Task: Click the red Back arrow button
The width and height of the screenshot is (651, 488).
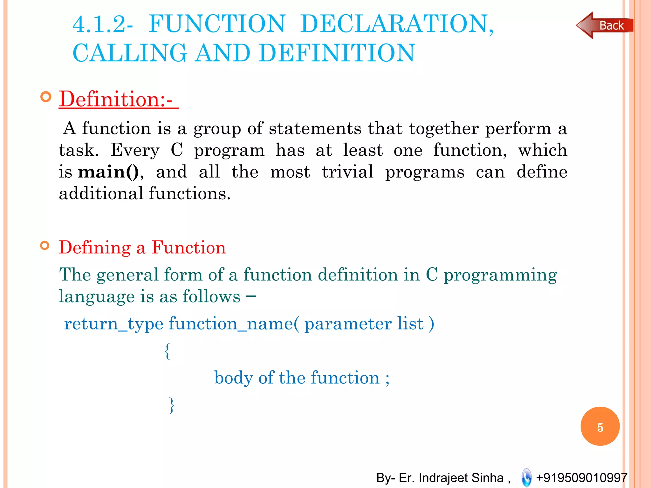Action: (605, 25)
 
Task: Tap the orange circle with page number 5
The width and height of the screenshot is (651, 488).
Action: (600, 426)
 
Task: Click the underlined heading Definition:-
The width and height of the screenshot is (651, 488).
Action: (118, 99)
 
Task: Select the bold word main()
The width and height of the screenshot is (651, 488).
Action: (108, 172)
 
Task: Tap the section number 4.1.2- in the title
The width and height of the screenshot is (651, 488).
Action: (103, 24)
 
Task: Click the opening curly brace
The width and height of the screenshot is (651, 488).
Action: (168, 351)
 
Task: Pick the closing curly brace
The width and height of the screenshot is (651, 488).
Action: (172, 405)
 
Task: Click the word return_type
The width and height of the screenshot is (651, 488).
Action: (113, 324)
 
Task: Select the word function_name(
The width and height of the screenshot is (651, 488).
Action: (234, 324)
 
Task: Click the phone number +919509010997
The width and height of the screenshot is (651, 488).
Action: (581, 478)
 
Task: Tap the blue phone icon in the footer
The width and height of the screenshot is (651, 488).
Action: (526, 477)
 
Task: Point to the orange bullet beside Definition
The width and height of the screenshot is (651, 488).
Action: (46, 97)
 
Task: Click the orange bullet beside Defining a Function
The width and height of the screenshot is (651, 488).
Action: (45, 246)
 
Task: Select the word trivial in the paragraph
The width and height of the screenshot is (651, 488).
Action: (347, 172)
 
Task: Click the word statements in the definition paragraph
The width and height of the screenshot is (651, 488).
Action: (315, 129)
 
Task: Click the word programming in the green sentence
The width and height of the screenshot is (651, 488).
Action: (500, 275)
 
